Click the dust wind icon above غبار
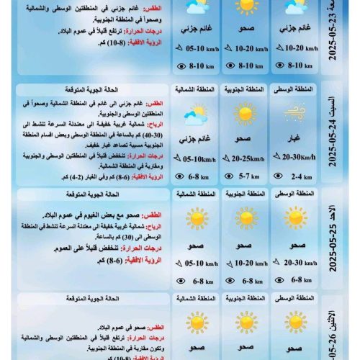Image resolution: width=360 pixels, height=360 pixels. (294, 113)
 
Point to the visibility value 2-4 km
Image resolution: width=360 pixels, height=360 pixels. (297, 176)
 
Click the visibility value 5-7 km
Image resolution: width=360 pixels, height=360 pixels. (247, 176)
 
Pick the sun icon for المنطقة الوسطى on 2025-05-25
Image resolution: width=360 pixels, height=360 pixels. (294, 218)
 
